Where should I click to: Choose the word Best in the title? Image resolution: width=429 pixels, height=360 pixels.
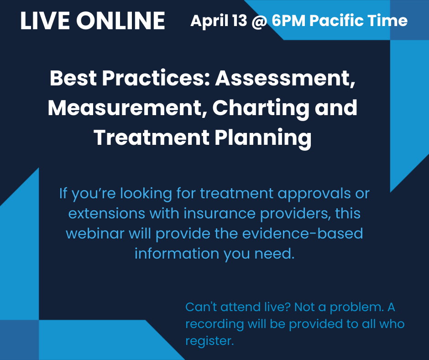pos(72,79)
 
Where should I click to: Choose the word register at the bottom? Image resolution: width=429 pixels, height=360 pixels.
pos(209,341)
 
